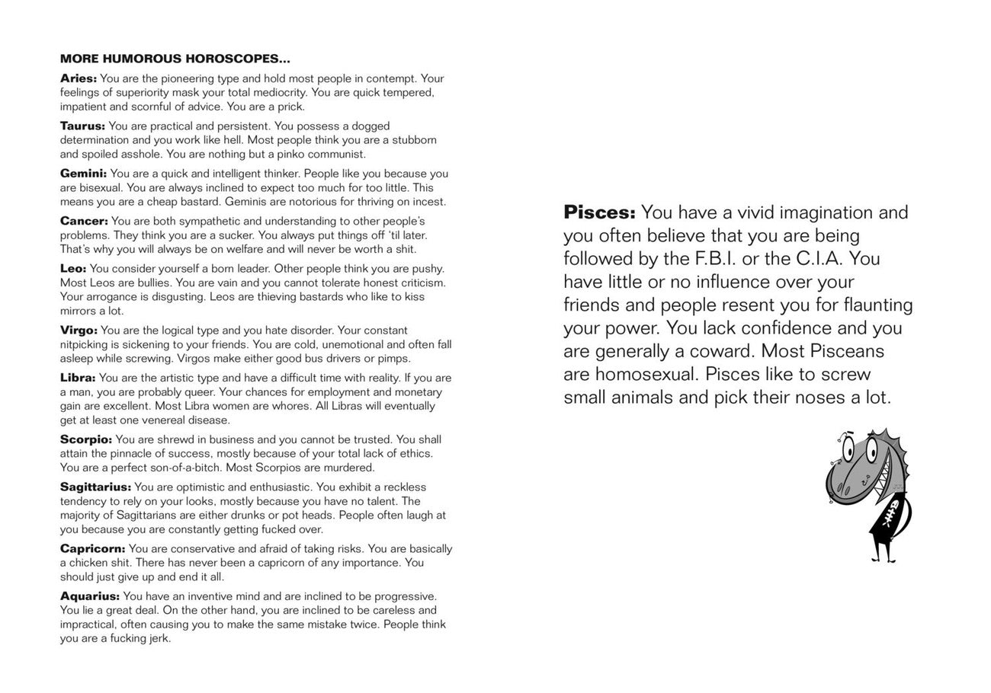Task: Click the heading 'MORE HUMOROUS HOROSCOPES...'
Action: (x=175, y=59)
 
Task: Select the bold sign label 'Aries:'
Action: (x=79, y=78)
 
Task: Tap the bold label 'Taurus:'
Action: (x=82, y=126)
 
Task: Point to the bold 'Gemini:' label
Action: (x=83, y=174)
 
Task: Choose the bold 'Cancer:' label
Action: (x=84, y=221)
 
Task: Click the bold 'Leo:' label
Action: (x=73, y=269)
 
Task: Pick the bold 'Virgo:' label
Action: (x=79, y=331)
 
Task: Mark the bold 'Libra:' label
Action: (x=78, y=378)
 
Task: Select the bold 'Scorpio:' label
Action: (x=86, y=439)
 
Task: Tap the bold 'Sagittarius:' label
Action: (x=95, y=487)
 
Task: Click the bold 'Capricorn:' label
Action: (x=92, y=549)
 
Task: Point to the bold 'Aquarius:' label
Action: (x=90, y=596)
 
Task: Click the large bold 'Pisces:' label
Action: (x=599, y=212)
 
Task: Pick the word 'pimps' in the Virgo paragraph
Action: (x=394, y=359)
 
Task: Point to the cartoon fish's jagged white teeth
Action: (x=885, y=480)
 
